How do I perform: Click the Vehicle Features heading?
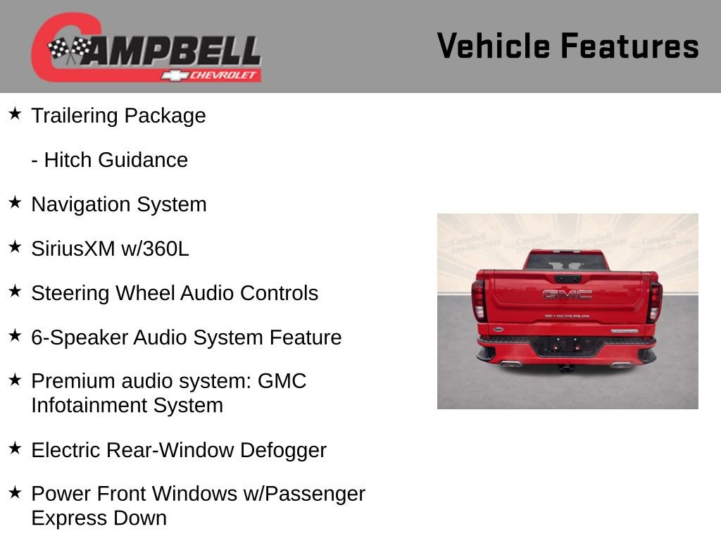[x=568, y=46]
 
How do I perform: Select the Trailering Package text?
[x=118, y=116]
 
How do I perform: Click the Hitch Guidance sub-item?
[x=109, y=160]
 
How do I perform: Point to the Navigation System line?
[x=118, y=204]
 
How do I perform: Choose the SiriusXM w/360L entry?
[x=110, y=249]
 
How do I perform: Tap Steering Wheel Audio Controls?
[x=175, y=293]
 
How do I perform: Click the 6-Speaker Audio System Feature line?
[x=186, y=337]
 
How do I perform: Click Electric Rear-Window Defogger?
[x=178, y=450]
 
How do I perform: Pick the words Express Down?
[x=99, y=518]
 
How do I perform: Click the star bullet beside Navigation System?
[x=15, y=203]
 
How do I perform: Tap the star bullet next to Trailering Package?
[x=15, y=114]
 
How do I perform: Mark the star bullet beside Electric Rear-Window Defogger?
[x=15, y=449]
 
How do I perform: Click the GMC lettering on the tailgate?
[x=568, y=294]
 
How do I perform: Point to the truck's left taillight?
[x=479, y=300]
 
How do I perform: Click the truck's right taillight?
[x=655, y=301]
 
